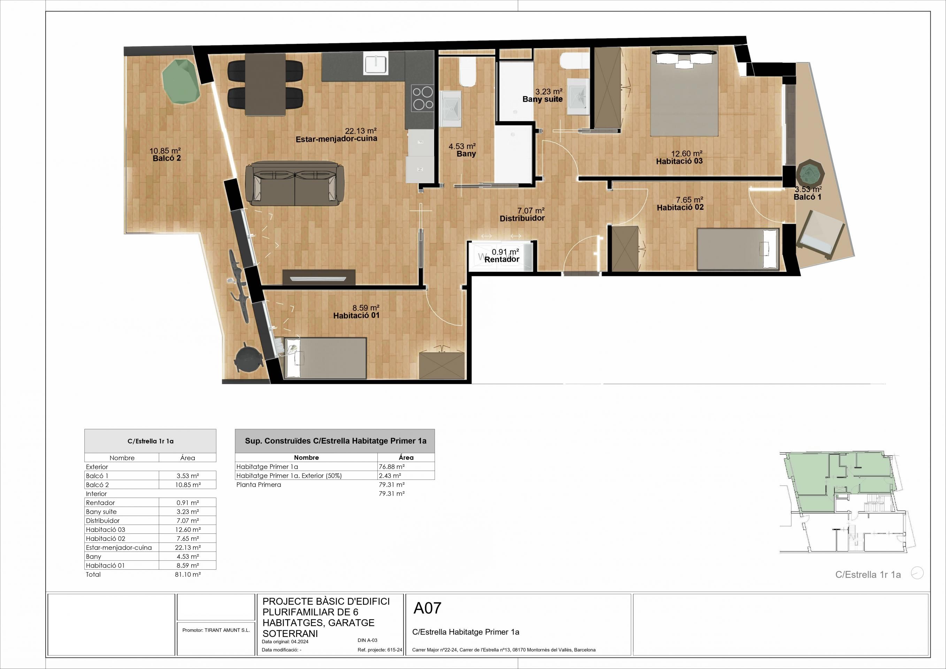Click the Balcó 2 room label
tap(167, 158)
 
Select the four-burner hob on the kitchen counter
tap(423, 98)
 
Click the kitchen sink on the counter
tap(375, 64)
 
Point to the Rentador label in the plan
tap(501, 260)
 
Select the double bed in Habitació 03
tap(684, 93)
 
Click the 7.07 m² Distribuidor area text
tap(531, 211)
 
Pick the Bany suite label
tap(542, 99)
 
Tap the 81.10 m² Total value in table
tap(187, 574)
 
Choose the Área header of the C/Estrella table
tap(187, 457)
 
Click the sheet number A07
tap(427, 608)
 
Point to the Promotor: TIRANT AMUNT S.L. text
tap(216, 630)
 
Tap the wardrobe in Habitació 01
tap(441, 366)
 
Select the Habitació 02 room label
tap(680, 208)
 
